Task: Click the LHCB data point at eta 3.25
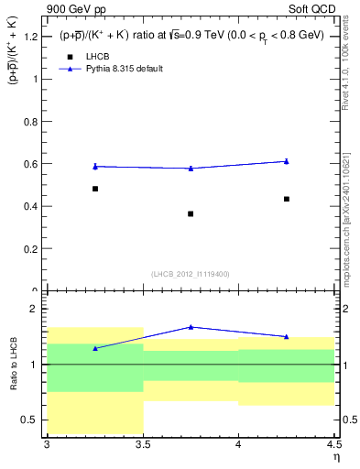(x=94, y=189)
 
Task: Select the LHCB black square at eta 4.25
(x=287, y=199)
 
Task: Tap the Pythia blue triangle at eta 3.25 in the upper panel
(x=94, y=166)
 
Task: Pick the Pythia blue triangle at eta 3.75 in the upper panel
(x=191, y=168)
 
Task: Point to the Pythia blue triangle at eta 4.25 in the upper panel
(x=287, y=160)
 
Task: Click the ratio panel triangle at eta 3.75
(x=191, y=326)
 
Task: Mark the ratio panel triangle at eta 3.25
(x=94, y=348)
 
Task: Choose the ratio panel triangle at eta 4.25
(x=287, y=336)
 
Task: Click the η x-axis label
(x=335, y=457)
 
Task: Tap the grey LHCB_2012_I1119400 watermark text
(x=190, y=274)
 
